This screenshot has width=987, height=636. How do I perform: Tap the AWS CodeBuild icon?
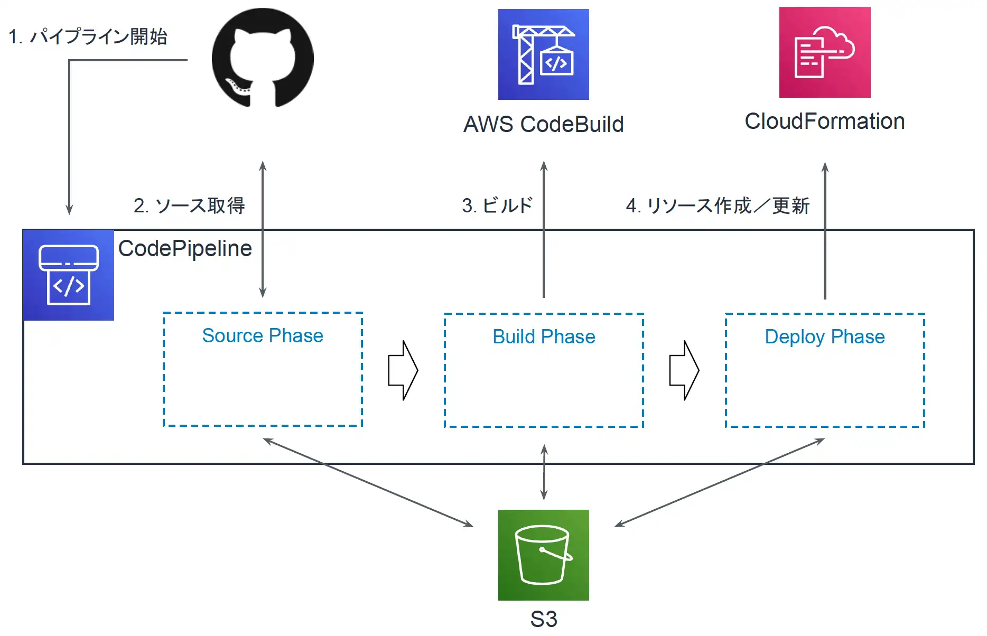pyautogui.click(x=544, y=54)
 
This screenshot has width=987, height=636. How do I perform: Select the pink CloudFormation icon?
pyautogui.click(x=825, y=52)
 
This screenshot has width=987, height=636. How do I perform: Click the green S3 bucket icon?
pyautogui.click(x=544, y=555)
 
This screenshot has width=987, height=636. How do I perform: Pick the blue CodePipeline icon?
pyautogui.click(x=69, y=275)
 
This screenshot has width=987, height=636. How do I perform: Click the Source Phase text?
pyautogui.click(x=263, y=336)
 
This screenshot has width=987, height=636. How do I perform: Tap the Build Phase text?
pyautogui.click(x=544, y=337)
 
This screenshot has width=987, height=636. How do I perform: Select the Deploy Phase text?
pyautogui.click(x=825, y=337)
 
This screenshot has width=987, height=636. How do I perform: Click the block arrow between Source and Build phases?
pyautogui.click(x=403, y=370)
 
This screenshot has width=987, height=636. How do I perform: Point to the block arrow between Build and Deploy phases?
pyautogui.click(x=684, y=370)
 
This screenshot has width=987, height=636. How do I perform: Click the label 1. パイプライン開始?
pyautogui.click(x=88, y=36)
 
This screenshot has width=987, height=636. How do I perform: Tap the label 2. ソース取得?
pyautogui.click(x=189, y=205)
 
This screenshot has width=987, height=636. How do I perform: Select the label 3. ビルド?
pyautogui.click(x=497, y=205)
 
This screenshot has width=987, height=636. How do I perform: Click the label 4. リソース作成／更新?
pyautogui.click(x=718, y=205)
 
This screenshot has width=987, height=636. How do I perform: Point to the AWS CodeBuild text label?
pyautogui.click(x=544, y=125)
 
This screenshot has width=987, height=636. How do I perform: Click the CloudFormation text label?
pyautogui.click(x=825, y=121)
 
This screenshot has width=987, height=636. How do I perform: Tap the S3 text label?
pyautogui.click(x=544, y=619)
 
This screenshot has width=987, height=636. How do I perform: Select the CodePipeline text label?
pyautogui.click(x=185, y=249)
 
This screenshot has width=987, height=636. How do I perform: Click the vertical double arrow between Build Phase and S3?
pyautogui.click(x=544, y=472)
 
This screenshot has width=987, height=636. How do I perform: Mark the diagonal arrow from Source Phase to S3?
pyautogui.click(x=368, y=482)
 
